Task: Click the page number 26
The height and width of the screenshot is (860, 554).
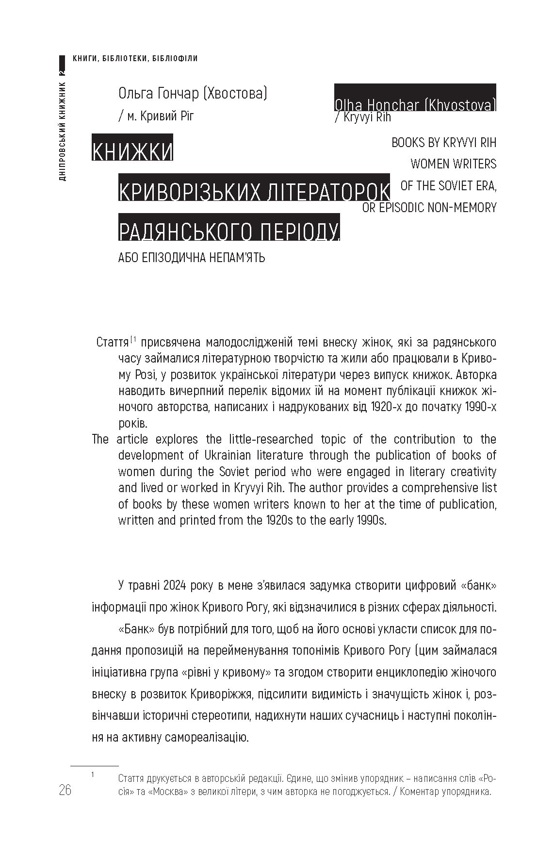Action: click(x=65, y=790)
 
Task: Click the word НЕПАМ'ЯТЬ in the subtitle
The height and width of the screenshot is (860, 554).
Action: click(x=237, y=257)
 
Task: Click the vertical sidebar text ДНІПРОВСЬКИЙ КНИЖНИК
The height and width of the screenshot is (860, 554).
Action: click(x=63, y=131)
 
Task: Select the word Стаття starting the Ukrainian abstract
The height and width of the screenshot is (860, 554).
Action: click(x=113, y=342)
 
